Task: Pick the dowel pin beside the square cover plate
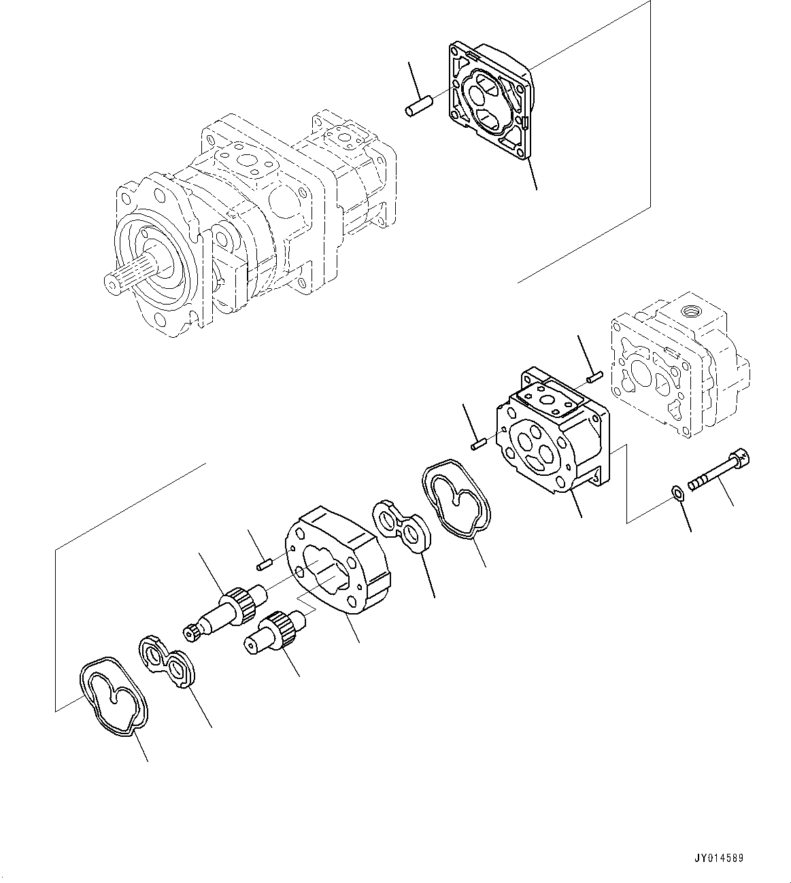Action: tap(415, 109)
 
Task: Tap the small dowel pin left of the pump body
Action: tap(477, 445)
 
